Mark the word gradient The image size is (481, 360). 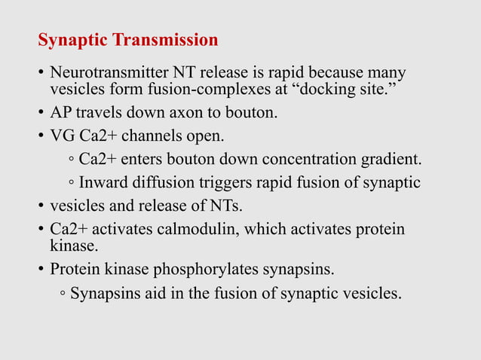392,160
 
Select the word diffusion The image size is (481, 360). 164,183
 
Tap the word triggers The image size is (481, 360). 224,183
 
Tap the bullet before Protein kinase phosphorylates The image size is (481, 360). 41,270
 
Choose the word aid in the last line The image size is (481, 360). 150,293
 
